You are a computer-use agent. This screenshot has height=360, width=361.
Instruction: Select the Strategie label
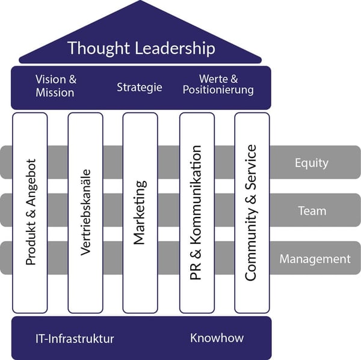(140, 87)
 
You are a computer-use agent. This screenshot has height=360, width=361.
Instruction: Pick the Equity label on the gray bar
(312, 162)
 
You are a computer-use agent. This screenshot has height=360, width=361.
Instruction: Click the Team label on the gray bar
(312, 210)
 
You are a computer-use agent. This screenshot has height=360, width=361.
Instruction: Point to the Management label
(315, 259)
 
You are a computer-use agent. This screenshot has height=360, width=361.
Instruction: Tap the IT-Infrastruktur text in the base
(75, 338)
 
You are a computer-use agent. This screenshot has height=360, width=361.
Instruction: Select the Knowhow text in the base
(217, 338)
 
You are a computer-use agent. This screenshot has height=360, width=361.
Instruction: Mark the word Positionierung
(218, 91)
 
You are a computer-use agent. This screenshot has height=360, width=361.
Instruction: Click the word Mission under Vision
(55, 93)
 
